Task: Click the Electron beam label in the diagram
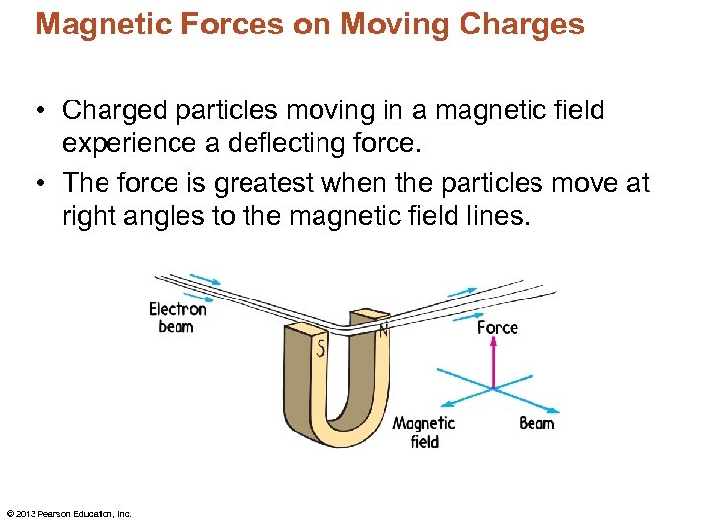tap(177, 317)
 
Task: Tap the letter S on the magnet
tap(320, 347)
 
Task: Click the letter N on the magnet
tap(383, 331)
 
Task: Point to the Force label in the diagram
tap(497, 327)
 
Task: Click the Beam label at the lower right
tap(536, 424)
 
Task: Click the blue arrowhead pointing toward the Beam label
tap(556, 409)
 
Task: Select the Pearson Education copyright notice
tap(69, 513)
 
